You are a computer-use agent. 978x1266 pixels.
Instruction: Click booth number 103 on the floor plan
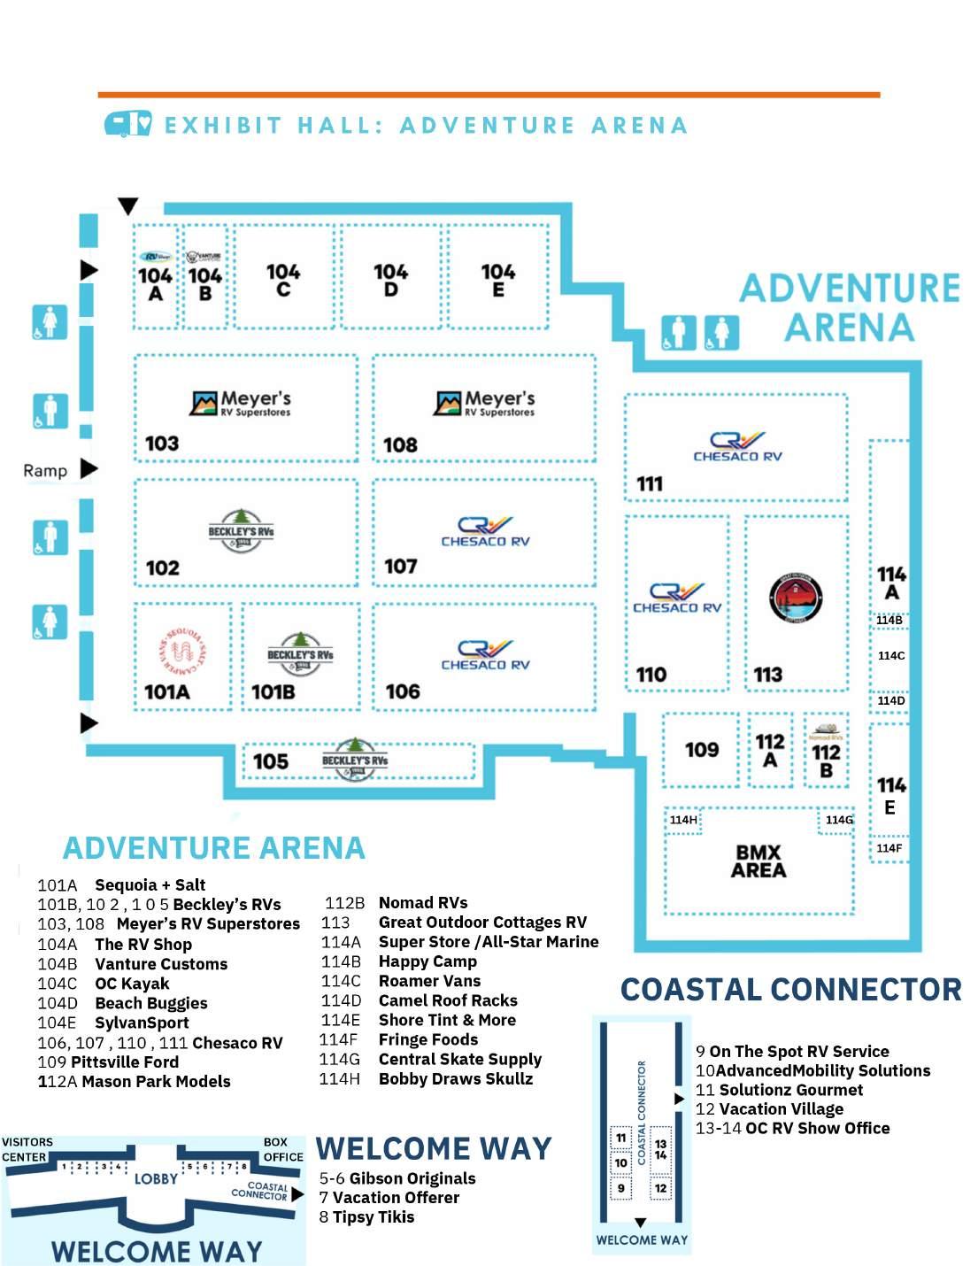[x=162, y=443]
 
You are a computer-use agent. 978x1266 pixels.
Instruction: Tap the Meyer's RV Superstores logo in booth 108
[x=484, y=403]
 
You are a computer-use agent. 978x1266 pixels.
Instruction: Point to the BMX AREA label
[x=759, y=861]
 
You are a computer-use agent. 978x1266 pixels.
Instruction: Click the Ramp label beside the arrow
[x=45, y=470]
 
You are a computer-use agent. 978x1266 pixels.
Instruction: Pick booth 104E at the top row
[x=497, y=279]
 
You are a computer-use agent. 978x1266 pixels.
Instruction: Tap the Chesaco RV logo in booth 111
[x=737, y=446]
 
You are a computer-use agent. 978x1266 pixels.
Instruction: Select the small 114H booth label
[x=682, y=820]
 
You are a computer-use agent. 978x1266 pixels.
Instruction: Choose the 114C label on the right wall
[x=890, y=656]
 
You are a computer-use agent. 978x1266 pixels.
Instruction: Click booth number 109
[x=702, y=750]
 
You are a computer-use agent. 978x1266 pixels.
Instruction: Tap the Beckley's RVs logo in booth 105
[x=354, y=760]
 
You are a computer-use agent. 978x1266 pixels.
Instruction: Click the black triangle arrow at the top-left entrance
[x=128, y=206]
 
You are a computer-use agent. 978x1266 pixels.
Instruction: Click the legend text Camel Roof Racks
[x=448, y=1000]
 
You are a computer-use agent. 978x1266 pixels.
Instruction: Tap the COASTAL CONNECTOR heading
[x=790, y=990]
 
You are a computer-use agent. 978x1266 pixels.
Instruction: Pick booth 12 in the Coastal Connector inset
[x=660, y=1188]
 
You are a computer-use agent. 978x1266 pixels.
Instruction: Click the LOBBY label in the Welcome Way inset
[x=156, y=1178]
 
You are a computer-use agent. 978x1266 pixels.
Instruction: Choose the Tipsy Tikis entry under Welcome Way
[x=373, y=1217]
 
